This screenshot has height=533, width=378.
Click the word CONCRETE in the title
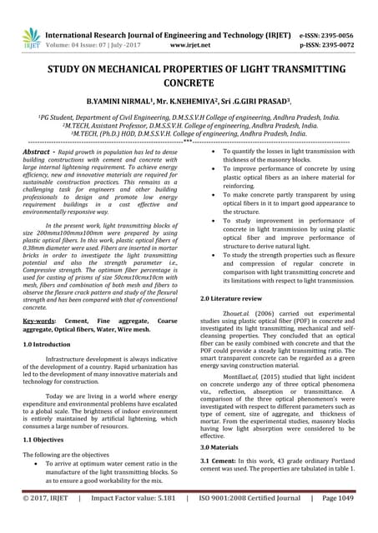pyautogui.click(x=189, y=84)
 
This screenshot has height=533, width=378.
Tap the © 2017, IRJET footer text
pyautogui.click(x=46, y=520)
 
